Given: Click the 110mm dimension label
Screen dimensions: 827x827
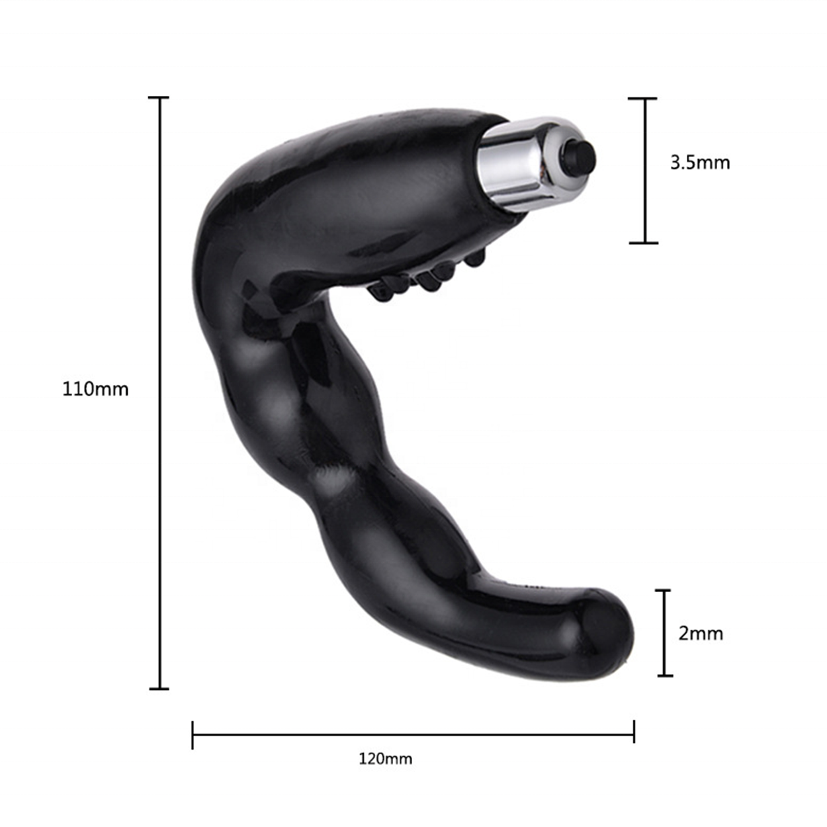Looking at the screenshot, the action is click(x=95, y=389).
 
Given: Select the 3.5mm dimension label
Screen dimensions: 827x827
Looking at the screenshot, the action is click(x=700, y=163).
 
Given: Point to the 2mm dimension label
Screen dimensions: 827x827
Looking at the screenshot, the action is click(x=701, y=633).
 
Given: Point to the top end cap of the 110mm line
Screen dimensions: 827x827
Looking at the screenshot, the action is click(x=159, y=98).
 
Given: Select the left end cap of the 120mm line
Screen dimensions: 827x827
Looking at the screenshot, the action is click(x=193, y=735).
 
